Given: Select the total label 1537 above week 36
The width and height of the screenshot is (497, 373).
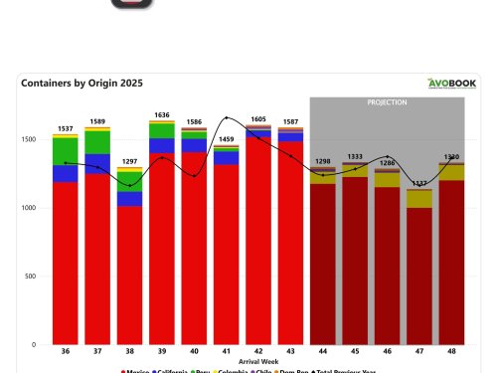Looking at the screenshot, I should point(66,128).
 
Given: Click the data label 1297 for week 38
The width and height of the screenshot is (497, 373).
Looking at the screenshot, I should point(129,161).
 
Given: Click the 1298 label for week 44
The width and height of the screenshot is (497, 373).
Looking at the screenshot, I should point(322,160).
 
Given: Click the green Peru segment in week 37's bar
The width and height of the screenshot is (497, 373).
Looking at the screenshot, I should point(97,142).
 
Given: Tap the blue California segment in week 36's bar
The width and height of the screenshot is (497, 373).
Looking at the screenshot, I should point(66,173).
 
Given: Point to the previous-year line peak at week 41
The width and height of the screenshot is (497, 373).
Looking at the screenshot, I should point(227,118).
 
